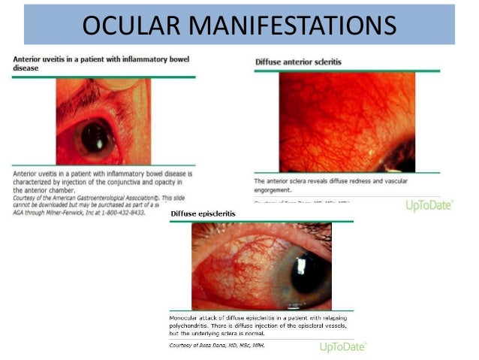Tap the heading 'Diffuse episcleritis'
point(203,214)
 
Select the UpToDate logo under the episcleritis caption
point(342,346)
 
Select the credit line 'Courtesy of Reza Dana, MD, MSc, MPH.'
point(217,345)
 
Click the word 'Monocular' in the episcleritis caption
point(188,319)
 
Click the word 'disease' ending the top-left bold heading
point(23,67)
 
